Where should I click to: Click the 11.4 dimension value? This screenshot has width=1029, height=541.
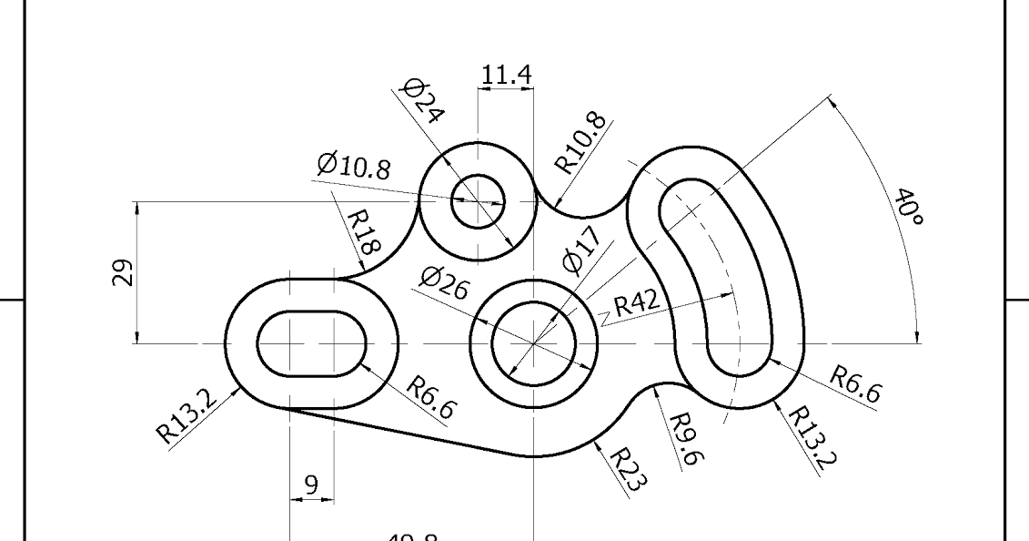tap(507, 76)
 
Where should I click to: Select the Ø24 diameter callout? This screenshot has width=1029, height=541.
tap(422, 101)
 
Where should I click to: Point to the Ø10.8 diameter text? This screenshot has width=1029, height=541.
tap(354, 166)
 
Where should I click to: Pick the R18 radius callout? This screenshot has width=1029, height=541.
tap(365, 232)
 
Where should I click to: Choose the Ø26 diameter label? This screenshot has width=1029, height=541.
tap(444, 286)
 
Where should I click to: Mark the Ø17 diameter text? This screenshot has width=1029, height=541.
tap(582, 250)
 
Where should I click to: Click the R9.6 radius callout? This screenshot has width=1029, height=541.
tap(682, 439)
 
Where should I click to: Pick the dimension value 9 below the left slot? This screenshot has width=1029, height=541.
tap(311, 485)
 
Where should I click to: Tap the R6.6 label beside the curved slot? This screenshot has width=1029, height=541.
tap(856, 383)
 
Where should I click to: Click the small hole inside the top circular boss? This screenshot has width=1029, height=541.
tap(478, 201)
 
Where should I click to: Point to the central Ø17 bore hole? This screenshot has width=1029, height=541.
tap(533, 343)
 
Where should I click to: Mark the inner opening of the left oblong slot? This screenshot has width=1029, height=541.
tap(311, 343)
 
